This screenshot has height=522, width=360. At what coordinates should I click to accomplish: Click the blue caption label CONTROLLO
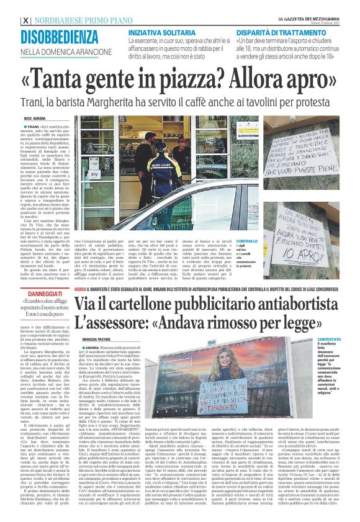tap(246, 242)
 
